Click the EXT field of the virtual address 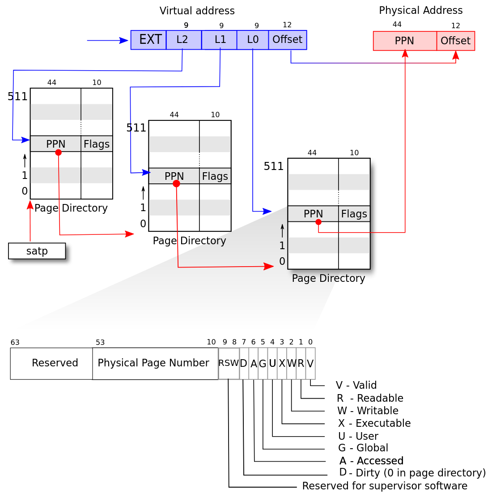(148, 40)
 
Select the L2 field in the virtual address (184, 40)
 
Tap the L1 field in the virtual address (219, 40)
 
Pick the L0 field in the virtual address (253, 40)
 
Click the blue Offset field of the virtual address (288, 40)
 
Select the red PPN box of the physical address (405, 41)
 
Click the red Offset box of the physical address (455, 41)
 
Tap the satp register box (37, 251)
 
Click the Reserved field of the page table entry (51, 364)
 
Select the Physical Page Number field (155, 364)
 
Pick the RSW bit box (229, 364)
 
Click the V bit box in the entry (310, 364)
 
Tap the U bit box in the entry (272, 364)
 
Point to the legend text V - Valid (356, 385)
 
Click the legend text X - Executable (374, 423)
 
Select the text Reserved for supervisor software (385, 486)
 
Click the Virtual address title (197, 11)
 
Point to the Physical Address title (421, 10)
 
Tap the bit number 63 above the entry (15, 342)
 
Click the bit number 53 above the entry (100, 342)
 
